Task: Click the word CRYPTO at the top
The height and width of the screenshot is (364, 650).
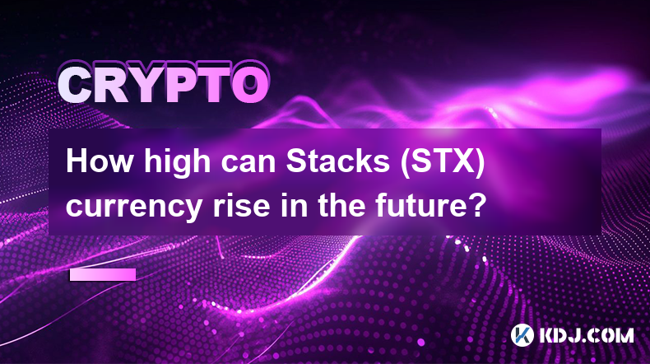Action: coord(164,86)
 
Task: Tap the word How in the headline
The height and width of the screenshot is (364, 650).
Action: coord(99,161)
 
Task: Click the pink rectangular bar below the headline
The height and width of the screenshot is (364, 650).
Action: coord(103,274)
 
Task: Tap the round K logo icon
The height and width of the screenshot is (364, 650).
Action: coord(522,335)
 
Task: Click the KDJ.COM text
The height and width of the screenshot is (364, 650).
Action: coord(587,335)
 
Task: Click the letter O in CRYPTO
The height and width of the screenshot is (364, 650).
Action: coord(249,86)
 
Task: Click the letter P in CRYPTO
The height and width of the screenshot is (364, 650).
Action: coord(182,86)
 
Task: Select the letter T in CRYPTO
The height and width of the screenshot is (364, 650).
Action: coord(214,86)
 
